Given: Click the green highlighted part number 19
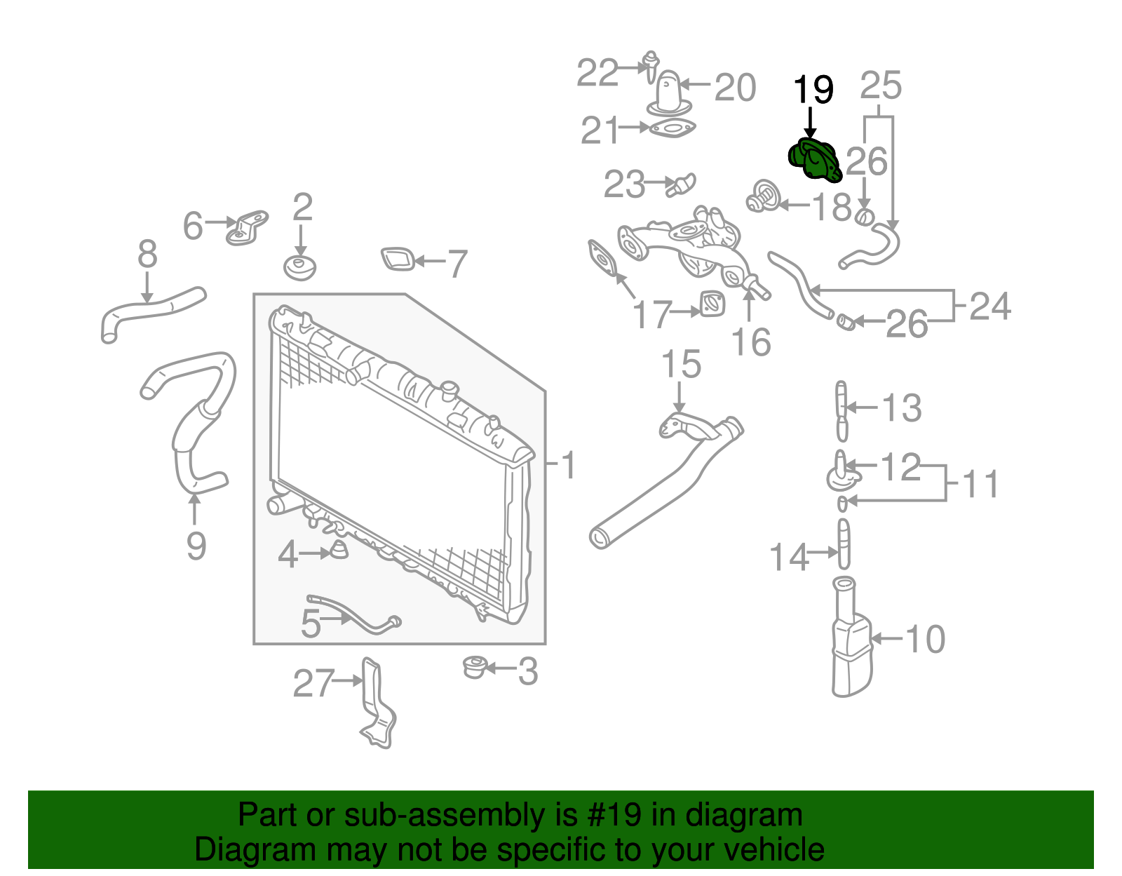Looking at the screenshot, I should click(x=813, y=161).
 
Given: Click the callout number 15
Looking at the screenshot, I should click(x=680, y=365).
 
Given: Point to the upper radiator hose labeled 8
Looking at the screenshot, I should click(x=151, y=311).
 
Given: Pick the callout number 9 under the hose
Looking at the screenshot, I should click(x=196, y=546).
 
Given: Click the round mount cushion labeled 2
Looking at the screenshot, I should click(x=300, y=267).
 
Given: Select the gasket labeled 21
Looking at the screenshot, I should click(x=672, y=130).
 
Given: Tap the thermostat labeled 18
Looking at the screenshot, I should click(x=762, y=196).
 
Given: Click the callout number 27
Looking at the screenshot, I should click(x=313, y=683).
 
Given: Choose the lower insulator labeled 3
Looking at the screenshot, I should click(x=476, y=666).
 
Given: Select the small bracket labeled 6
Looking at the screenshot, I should click(x=247, y=227).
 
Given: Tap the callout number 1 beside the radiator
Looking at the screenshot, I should click(x=569, y=465).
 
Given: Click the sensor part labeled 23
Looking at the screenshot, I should click(x=682, y=184).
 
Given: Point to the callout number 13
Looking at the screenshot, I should click(x=901, y=408).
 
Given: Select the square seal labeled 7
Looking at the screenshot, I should click(x=398, y=259).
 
